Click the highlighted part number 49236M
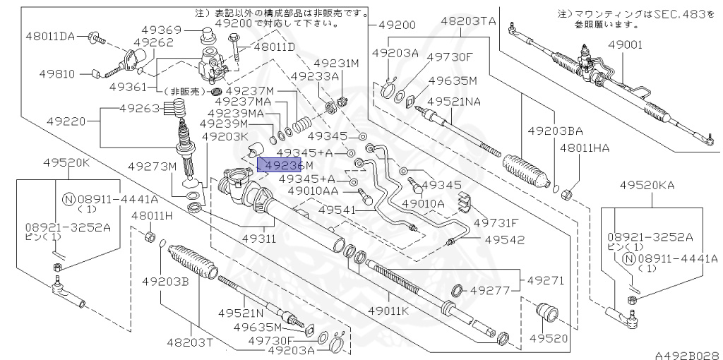tap(280, 165)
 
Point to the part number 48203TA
tap(469, 21)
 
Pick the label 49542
tap(504, 240)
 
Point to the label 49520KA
tap(648, 185)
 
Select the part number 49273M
tap(152, 167)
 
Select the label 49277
tap(491, 289)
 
